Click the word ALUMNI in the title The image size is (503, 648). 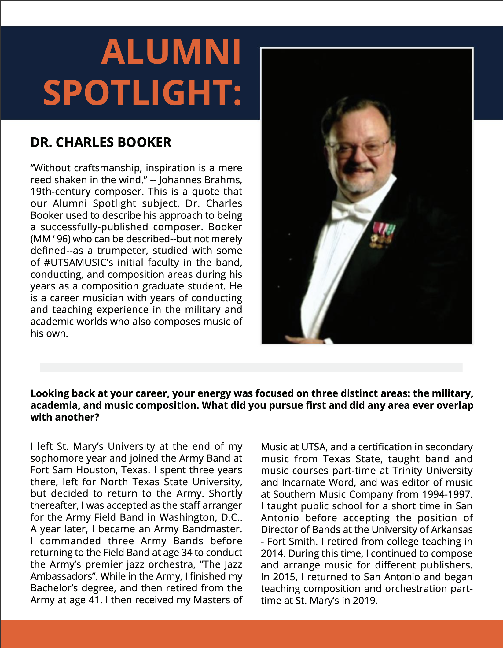171,52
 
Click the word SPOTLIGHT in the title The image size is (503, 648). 138,93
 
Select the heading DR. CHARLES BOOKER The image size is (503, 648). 101,143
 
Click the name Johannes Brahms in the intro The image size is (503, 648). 200,180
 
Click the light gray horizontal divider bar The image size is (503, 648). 251,367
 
